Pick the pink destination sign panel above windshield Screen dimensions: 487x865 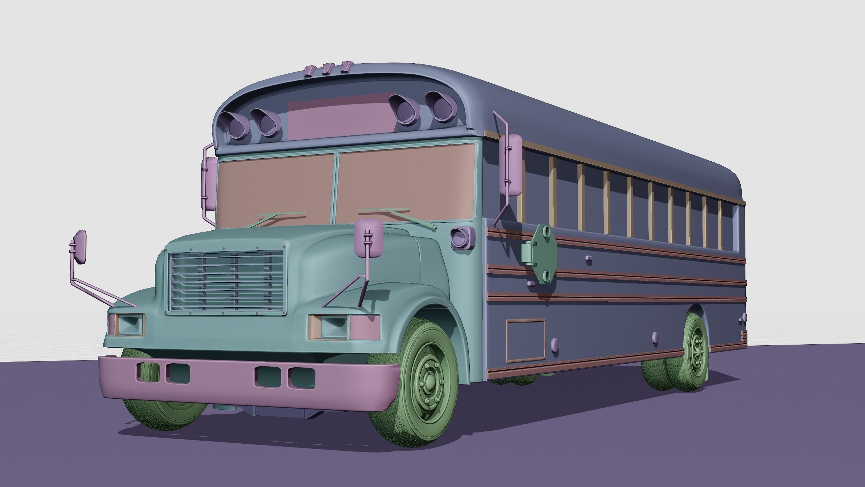pyautogui.click(x=341, y=115)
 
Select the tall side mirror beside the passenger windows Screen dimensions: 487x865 pyautogui.click(x=511, y=165)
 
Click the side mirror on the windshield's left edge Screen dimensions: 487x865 pyautogui.click(x=210, y=183)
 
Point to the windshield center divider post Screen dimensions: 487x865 pyautogui.click(x=335, y=189)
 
